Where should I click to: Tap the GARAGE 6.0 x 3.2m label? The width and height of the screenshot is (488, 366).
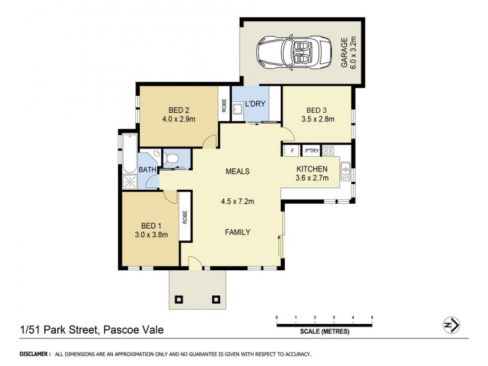pyautogui.click(x=348, y=52)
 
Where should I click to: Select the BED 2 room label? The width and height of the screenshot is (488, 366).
pyautogui.click(x=178, y=115)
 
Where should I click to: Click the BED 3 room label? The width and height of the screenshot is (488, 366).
pyautogui.click(x=318, y=115)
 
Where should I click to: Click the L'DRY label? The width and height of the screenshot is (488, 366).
pyautogui.click(x=255, y=104)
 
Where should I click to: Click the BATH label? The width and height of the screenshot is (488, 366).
pyautogui.click(x=147, y=170)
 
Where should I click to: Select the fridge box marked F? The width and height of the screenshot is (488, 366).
pyautogui.click(x=292, y=151)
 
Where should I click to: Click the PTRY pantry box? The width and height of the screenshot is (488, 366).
pyautogui.click(x=312, y=151)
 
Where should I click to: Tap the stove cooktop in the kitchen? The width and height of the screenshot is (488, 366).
pyautogui.click(x=328, y=151)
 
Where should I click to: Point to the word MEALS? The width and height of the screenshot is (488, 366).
pyautogui.click(x=237, y=171)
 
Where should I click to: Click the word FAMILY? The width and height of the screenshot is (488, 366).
pyautogui.click(x=237, y=232)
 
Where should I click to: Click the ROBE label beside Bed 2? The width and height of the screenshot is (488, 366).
pyautogui.click(x=224, y=106)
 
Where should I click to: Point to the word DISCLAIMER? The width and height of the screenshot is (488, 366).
pyautogui.click(x=35, y=354)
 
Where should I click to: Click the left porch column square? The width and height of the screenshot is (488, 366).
pyautogui.click(x=179, y=299)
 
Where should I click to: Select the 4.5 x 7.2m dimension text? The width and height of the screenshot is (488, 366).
pyautogui.click(x=237, y=201)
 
